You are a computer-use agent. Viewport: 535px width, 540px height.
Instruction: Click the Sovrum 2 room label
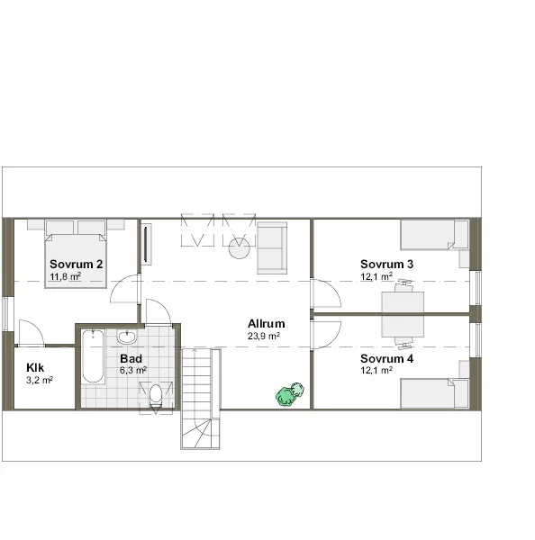click(77, 264)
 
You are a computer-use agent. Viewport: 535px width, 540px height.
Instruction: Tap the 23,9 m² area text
click(264, 336)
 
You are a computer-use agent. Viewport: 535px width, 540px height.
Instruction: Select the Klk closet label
click(35, 368)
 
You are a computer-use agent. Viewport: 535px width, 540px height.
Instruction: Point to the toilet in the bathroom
click(156, 395)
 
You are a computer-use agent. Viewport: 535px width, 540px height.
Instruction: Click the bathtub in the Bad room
click(93, 356)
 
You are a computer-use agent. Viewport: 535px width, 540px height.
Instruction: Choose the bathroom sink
click(127, 337)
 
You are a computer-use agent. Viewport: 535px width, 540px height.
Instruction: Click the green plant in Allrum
click(289, 394)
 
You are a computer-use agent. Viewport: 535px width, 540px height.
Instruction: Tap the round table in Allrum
click(240, 248)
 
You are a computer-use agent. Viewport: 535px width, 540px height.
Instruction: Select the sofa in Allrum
click(272, 248)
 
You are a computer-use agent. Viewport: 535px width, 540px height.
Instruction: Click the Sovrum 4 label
click(386, 359)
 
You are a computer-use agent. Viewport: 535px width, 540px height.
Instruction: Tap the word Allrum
click(266, 324)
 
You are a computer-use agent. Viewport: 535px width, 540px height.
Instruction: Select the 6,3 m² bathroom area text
click(133, 371)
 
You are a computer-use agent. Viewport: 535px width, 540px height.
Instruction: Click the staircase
click(200, 382)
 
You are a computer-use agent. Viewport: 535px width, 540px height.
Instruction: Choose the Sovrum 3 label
click(386, 264)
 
